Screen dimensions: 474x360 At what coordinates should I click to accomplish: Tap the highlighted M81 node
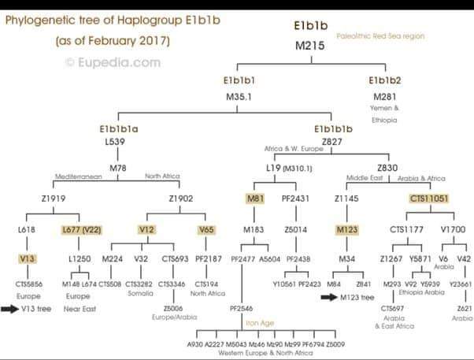tap(254, 199)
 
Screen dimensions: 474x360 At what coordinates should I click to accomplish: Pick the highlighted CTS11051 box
tap(429, 199)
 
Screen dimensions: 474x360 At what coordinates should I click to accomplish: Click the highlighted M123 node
tap(347, 229)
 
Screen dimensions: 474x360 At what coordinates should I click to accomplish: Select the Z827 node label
tap(334, 142)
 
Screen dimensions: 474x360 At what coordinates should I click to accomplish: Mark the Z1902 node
tap(180, 199)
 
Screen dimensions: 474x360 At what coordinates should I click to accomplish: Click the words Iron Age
tap(261, 322)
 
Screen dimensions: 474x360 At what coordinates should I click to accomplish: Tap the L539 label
tap(116, 142)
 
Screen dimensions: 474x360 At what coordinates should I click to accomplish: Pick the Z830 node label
tap(387, 168)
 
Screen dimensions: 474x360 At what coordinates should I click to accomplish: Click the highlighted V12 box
tap(146, 229)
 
